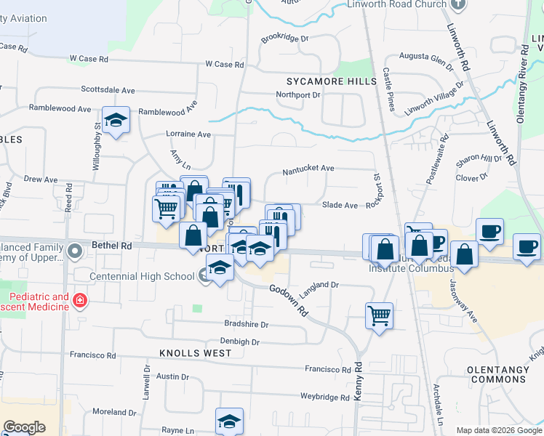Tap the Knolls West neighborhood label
196,353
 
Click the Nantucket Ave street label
308,168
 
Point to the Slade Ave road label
340,206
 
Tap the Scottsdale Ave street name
108,90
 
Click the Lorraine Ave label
188,134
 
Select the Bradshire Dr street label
247,325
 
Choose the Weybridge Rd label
325,397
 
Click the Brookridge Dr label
285,38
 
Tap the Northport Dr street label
298,95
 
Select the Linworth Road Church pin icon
457,4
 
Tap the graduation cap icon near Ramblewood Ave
115,121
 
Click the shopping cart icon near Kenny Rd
379,315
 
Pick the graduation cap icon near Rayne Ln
229,421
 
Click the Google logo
24,428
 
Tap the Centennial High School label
142,276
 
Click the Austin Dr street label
172,377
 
